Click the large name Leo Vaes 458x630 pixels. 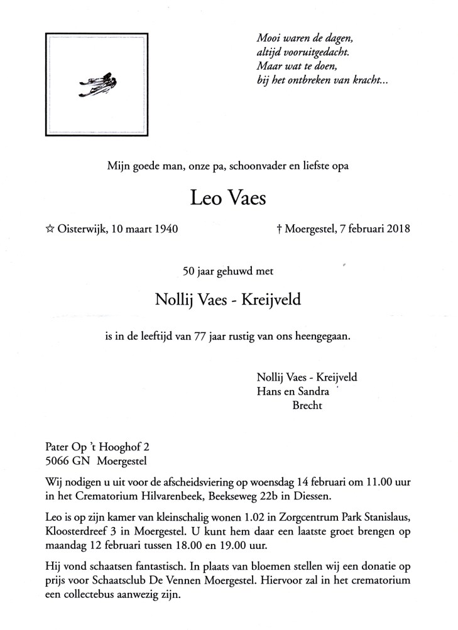228,199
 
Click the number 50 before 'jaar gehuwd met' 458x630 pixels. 188,273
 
